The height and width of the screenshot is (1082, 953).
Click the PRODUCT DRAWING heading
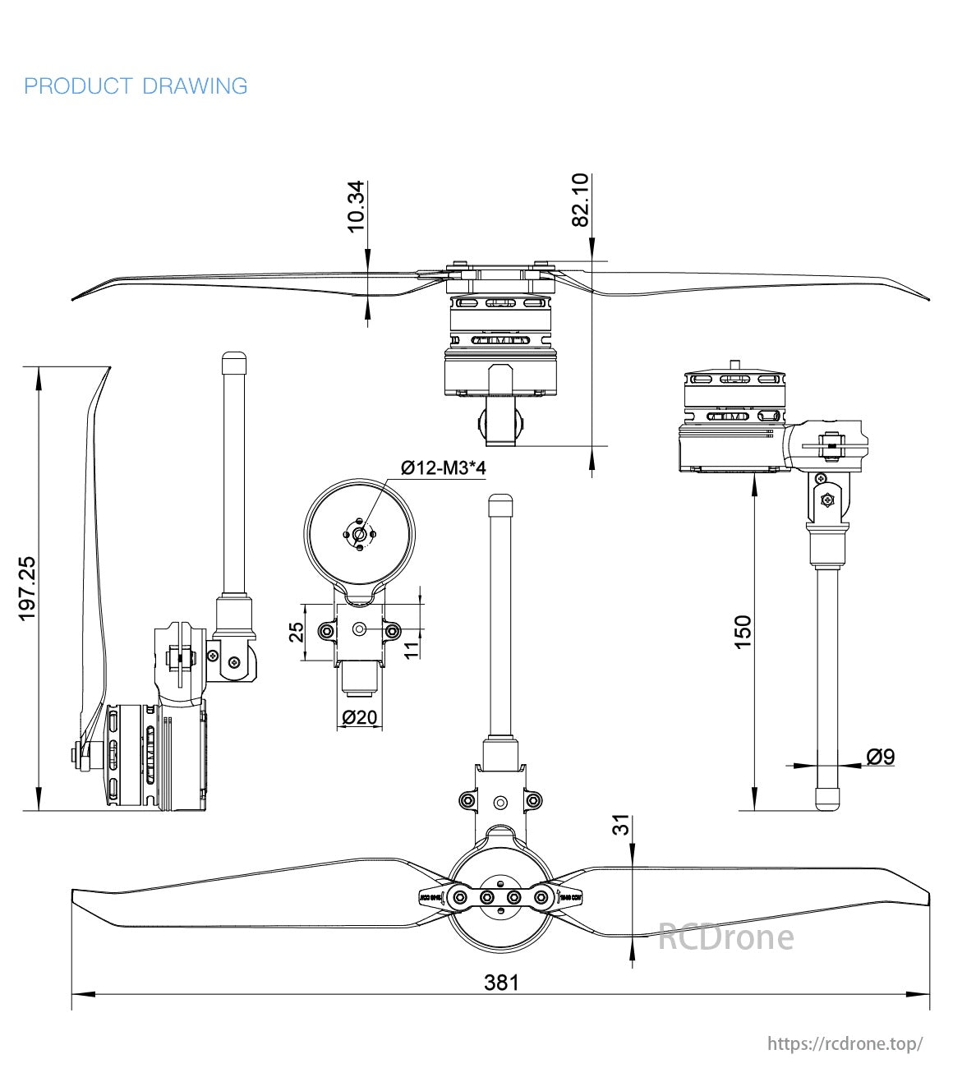pyautogui.click(x=136, y=86)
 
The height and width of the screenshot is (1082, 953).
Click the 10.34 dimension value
pyautogui.click(x=356, y=206)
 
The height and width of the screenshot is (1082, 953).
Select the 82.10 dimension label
pyautogui.click(x=581, y=200)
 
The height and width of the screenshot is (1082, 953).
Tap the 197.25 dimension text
pyautogui.click(x=27, y=587)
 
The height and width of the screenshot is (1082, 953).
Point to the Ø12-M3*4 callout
pyautogui.click(x=444, y=468)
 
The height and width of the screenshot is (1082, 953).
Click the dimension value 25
pyautogui.click(x=297, y=631)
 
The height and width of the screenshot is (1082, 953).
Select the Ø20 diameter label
pyautogui.click(x=358, y=717)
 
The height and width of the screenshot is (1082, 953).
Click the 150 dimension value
pyautogui.click(x=743, y=632)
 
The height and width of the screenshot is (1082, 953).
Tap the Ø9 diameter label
pyautogui.click(x=880, y=756)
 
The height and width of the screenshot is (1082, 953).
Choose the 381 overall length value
pyautogui.click(x=501, y=982)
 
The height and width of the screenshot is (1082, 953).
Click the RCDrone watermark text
pyautogui.click(x=725, y=937)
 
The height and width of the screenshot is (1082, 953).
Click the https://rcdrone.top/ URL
pyautogui.click(x=845, y=1043)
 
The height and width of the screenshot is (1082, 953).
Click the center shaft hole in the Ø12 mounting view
pyautogui.click(x=358, y=533)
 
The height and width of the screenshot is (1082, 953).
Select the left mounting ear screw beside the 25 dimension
pyautogui.click(x=327, y=631)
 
